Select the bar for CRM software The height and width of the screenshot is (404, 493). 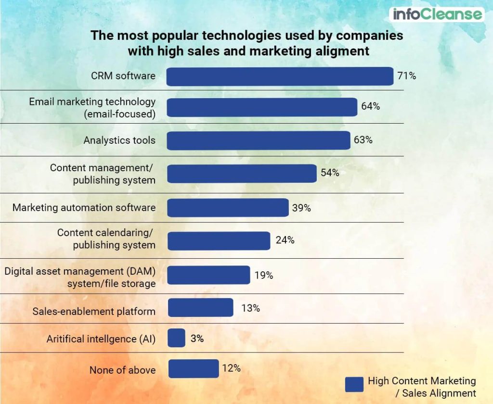280,76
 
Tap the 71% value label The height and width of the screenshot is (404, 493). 406,76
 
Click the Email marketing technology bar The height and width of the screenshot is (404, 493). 262,107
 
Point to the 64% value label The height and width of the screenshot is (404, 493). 370,106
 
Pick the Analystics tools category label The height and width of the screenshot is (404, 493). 119,140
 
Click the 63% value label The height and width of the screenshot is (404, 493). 363,140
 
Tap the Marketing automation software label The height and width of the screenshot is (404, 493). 84,208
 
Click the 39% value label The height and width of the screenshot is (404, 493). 301,208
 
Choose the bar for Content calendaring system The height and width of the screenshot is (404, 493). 219,241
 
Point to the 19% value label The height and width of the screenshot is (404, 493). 263,275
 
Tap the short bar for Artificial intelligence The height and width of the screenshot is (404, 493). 176,338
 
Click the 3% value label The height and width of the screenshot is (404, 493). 196,338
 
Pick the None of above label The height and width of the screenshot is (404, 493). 122,370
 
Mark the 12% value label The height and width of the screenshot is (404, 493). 231,368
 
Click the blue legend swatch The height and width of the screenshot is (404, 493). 354,384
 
